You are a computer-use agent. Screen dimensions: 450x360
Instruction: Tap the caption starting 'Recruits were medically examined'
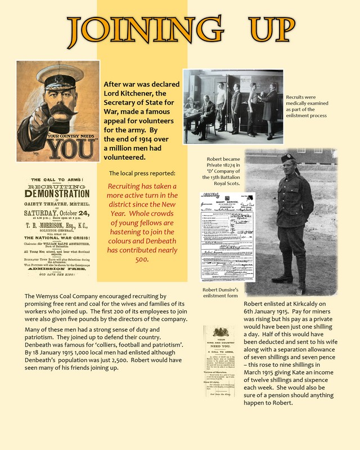(306, 106)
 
